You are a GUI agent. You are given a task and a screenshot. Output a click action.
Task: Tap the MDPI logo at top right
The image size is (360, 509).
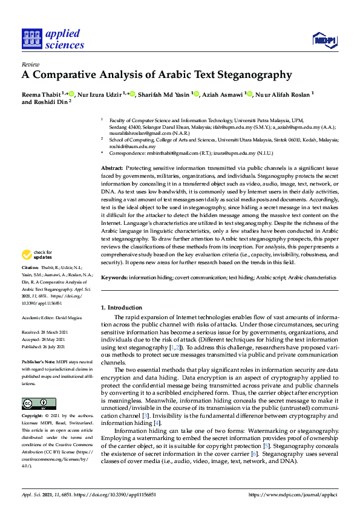(x=325, y=41)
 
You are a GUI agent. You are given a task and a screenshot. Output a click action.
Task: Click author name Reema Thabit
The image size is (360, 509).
(x=42, y=94)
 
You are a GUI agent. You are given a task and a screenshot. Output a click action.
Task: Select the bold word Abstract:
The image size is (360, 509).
(x=112, y=167)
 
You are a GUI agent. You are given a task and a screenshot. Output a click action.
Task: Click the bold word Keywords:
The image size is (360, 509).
(x=114, y=277)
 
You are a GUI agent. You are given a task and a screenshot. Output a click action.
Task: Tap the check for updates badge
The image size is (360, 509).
(x=38, y=271)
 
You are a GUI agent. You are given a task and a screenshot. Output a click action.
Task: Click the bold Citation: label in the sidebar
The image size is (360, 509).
(x=30, y=284)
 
